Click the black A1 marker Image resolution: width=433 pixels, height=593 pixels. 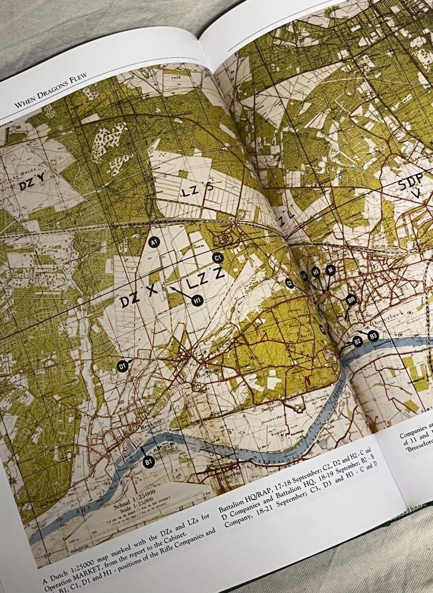(x=154, y=242)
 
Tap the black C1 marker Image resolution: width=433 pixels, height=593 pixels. (x=218, y=258)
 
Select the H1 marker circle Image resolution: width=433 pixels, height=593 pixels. (x=197, y=300)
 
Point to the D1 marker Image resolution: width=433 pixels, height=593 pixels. (x=123, y=366)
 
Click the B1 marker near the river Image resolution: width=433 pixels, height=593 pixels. (x=149, y=462)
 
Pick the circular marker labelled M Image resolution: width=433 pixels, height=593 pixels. (x=331, y=269)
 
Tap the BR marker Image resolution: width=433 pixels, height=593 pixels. (x=351, y=299)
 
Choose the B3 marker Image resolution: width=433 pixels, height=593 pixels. (x=372, y=336)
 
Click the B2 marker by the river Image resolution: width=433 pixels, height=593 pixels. (x=357, y=341)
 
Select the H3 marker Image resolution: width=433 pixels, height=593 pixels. (x=316, y=272)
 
